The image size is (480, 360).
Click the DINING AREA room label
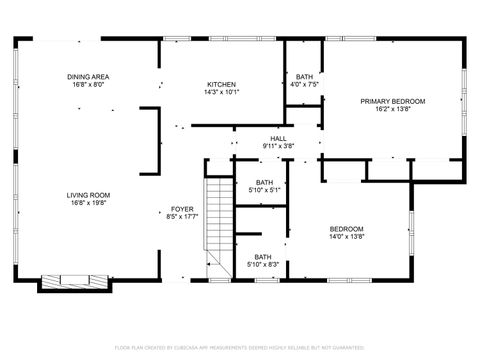[88, 77]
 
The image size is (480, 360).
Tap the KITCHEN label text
[221, 84]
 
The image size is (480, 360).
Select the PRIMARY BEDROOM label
[393, 101]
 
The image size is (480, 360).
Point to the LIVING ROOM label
[88, 195]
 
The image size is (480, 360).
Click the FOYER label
[181, 209]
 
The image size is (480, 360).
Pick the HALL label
[278, 138]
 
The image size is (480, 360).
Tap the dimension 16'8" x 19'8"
[88, 203]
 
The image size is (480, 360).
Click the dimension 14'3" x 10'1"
[221, 92]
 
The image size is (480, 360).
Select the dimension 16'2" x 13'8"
[393, 109]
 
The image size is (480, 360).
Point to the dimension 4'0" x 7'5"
[304, 85]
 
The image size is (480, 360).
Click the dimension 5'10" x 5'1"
[259, 190]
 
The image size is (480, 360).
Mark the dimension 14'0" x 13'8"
[347, 237]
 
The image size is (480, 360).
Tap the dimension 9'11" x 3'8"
[278, 146]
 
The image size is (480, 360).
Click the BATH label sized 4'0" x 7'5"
[304, 77]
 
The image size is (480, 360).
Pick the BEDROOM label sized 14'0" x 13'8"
[347, 229]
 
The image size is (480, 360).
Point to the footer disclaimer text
[240, 347]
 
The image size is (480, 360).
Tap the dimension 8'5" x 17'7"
[181, 217]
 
